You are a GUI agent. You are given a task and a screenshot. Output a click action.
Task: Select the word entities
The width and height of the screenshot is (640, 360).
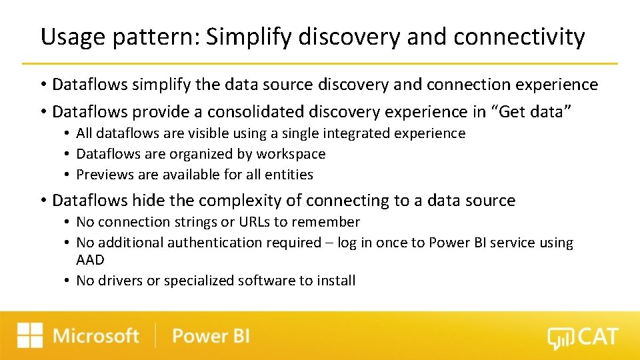point(287,175)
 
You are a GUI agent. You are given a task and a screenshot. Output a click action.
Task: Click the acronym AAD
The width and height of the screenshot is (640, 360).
point(91,260)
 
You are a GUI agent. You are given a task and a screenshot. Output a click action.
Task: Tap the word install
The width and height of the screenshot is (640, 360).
point(336,281)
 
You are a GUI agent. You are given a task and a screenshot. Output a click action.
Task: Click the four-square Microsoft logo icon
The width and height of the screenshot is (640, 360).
point(30,335)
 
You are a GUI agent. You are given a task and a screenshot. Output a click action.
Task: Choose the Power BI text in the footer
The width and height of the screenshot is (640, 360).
point(211,335)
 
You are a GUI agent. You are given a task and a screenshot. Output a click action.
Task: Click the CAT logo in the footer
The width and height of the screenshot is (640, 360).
point(583,337)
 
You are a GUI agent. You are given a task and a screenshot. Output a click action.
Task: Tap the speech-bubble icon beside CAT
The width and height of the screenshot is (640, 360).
point(559,339)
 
